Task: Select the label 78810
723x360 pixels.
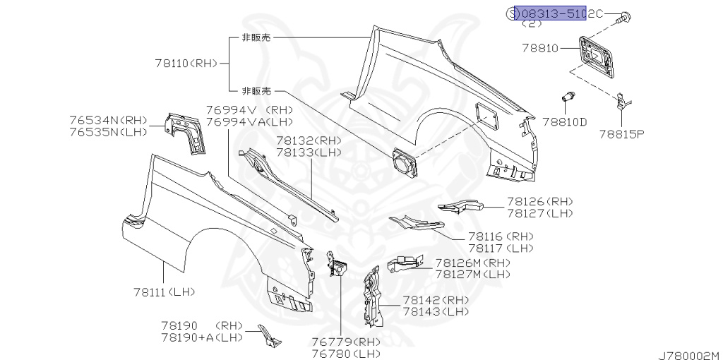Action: point(540,49)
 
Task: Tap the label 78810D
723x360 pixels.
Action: point(564,121)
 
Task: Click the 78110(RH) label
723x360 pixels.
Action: point(184,63)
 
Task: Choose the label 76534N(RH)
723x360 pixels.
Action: point(108,121)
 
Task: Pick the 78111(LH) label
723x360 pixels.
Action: point(163,292)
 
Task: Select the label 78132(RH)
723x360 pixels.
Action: point(309,140)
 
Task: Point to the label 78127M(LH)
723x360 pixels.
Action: point(472,274)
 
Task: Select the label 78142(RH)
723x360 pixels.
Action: point(436,299)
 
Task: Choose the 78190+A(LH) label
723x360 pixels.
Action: point(201,337)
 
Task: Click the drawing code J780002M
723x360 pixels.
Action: point(688,354)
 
